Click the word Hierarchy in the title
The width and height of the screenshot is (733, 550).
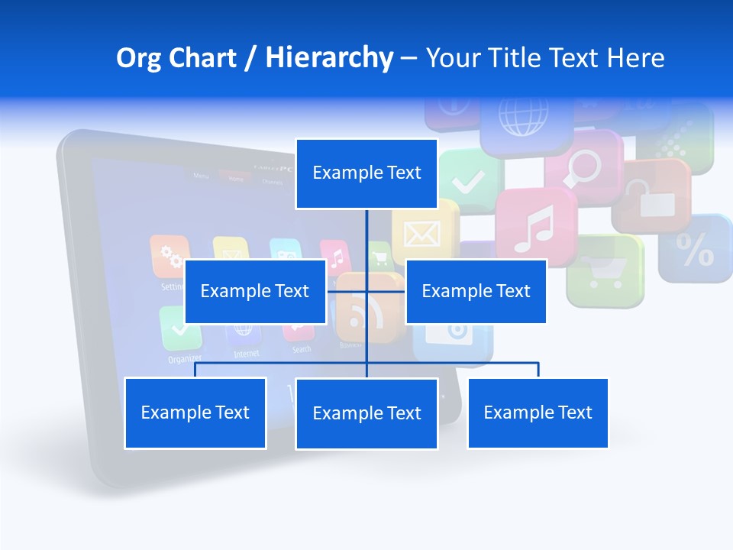328,58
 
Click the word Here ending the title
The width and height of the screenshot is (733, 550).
635,58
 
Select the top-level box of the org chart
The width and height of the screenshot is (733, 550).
366,173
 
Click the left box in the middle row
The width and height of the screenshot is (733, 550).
255,291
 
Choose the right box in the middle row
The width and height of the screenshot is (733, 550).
476,291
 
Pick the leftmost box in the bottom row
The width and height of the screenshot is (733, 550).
195,412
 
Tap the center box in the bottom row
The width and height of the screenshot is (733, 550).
366,413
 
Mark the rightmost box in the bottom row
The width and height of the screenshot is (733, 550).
538,412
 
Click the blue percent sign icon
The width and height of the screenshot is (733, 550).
696,248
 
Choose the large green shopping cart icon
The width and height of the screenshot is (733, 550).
605,270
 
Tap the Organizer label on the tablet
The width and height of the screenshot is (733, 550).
185,358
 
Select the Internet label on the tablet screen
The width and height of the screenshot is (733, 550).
246,354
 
